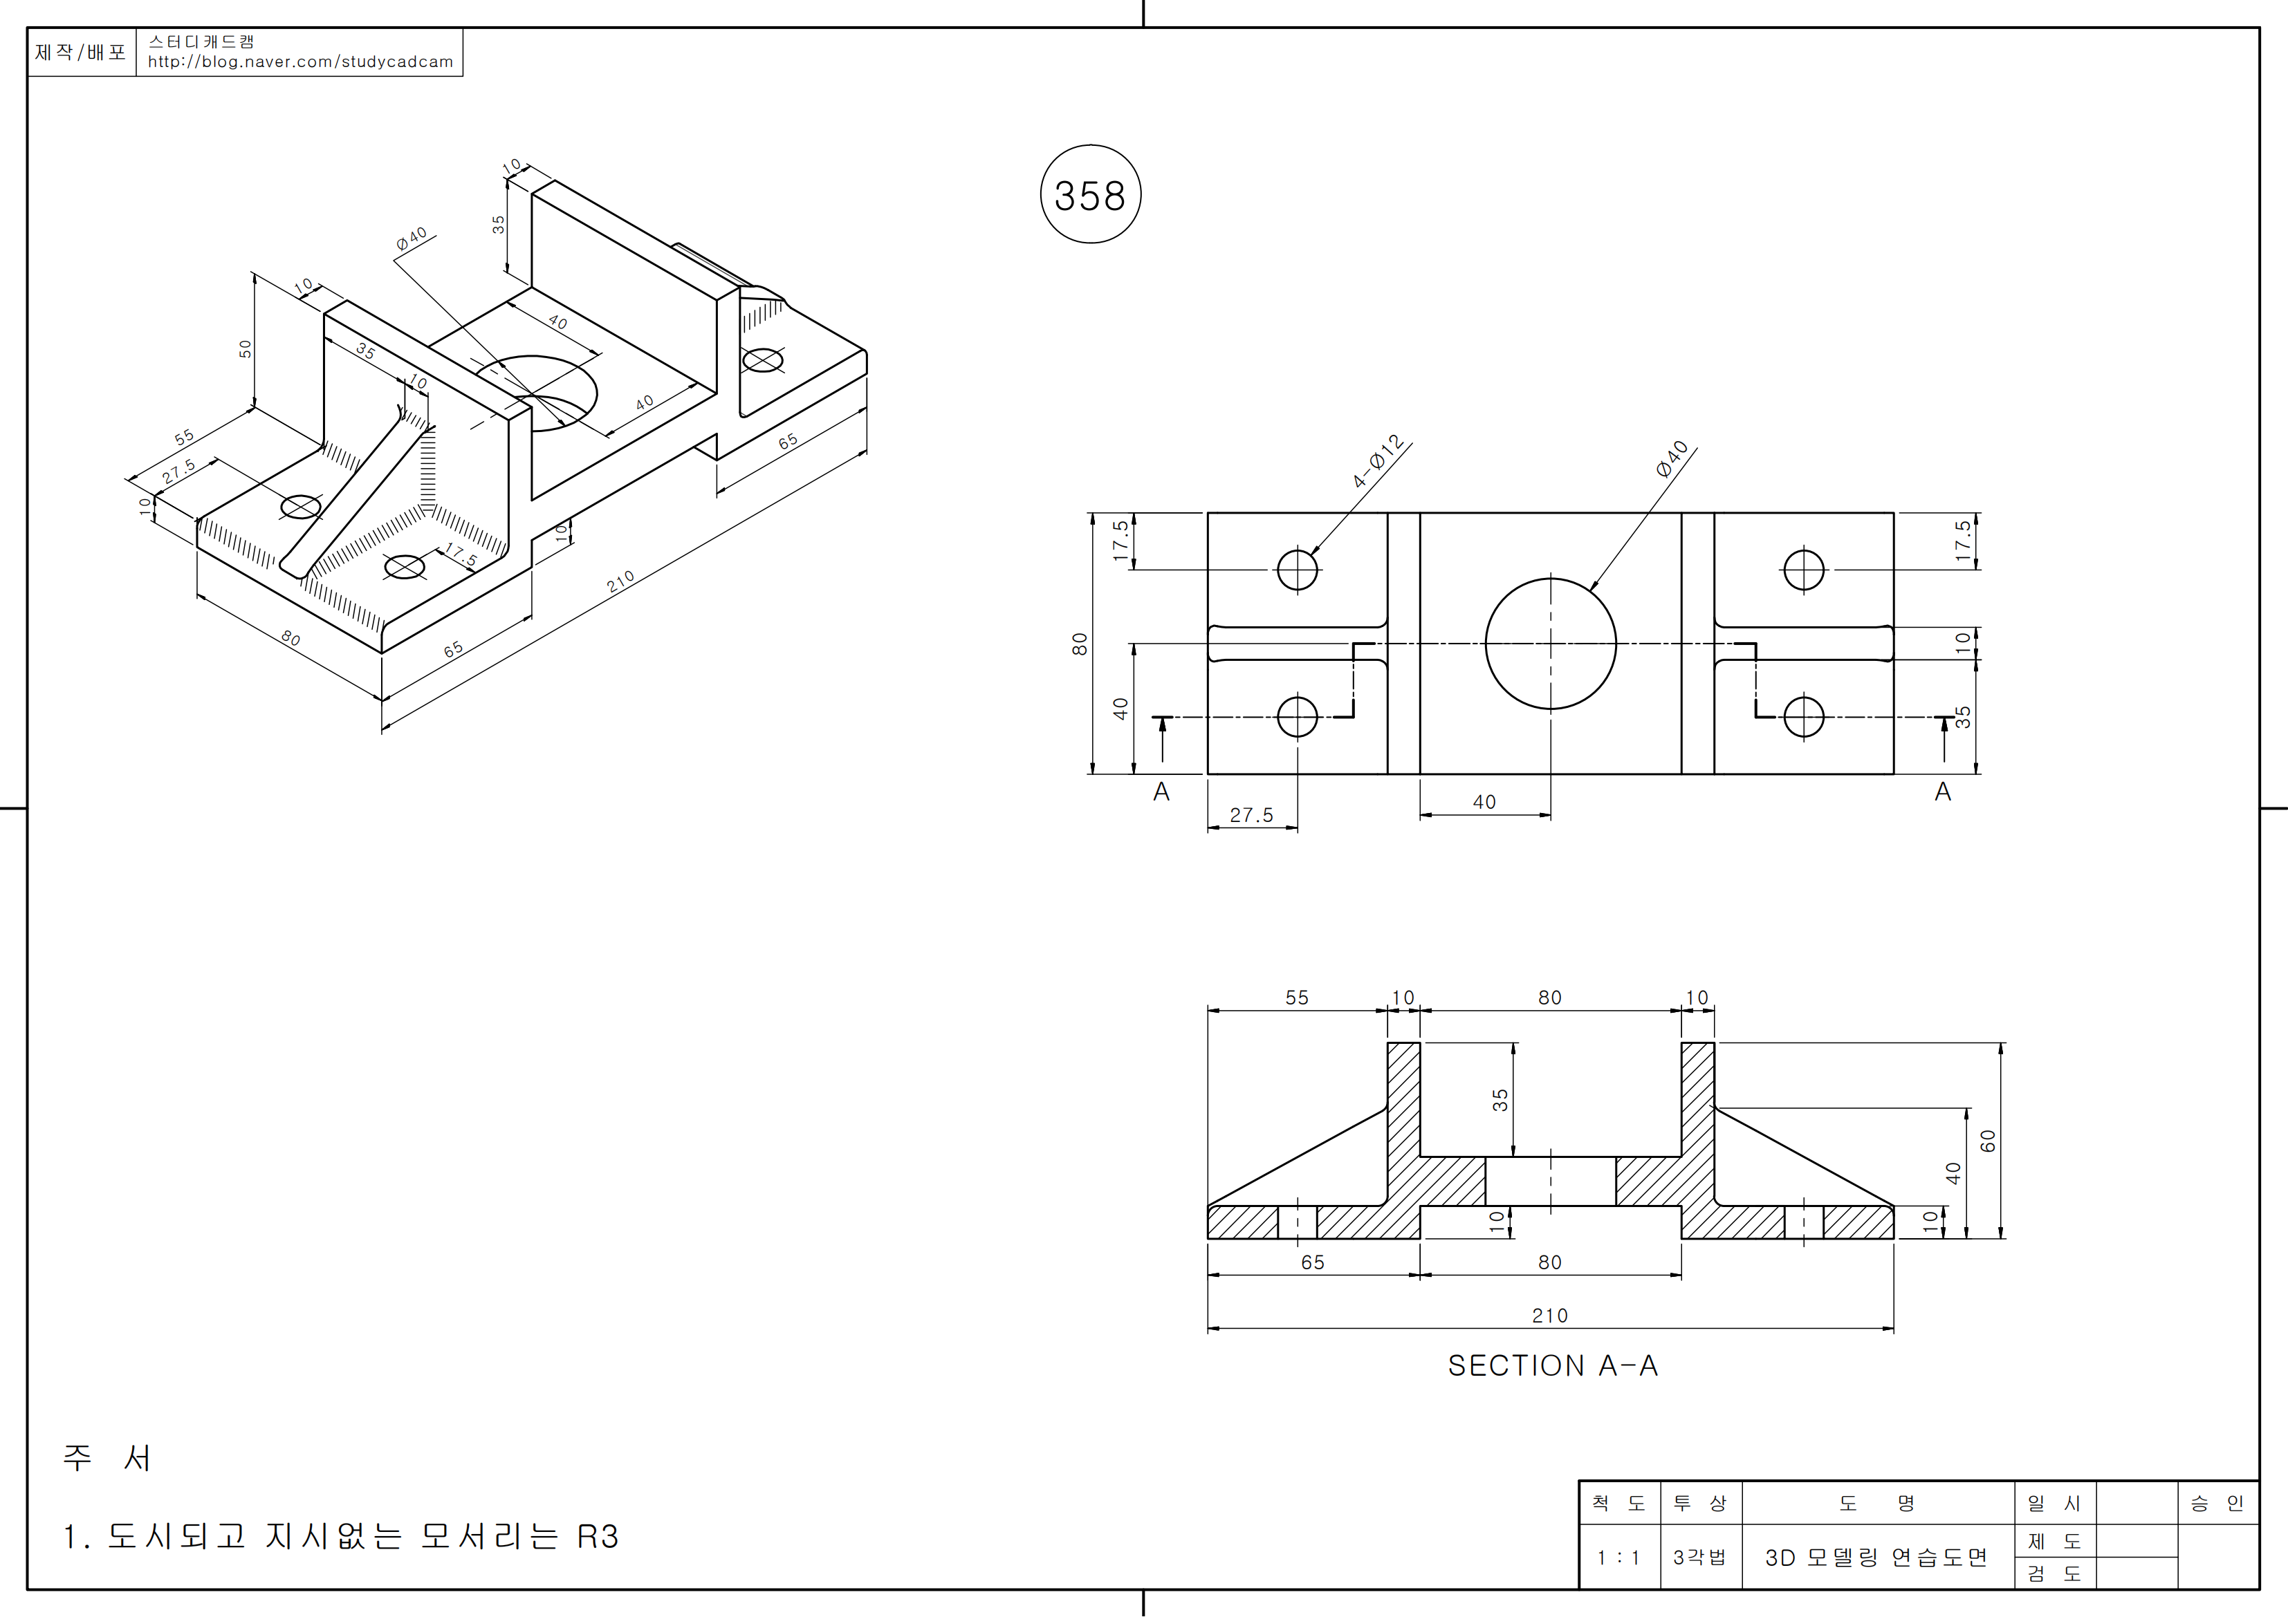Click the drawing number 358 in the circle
tap(1089, 195)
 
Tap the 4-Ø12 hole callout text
tap(1378, 461)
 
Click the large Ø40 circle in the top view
tap(1551, 579)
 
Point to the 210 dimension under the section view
tap(1549, 1315)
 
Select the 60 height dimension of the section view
tap(1988, 1141)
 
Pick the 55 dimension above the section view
tap(1296, 998)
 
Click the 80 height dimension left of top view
tap(1079, 644)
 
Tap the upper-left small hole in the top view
tap(1298, 570)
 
